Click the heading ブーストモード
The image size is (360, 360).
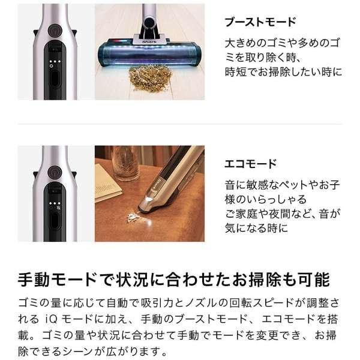(x=260, y=22)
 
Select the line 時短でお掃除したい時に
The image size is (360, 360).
(x=283, y=72)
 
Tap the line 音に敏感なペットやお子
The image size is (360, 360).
(x=283, y=185)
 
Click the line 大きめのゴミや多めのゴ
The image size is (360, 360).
(x=283, y=43)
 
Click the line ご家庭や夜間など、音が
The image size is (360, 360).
(x=283, y=214)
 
